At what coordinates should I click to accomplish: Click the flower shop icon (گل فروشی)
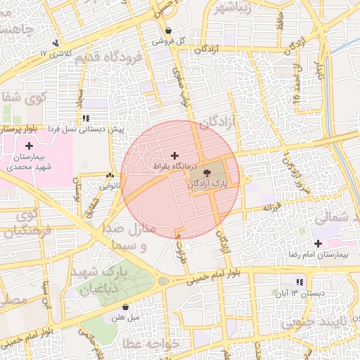click(169, 31)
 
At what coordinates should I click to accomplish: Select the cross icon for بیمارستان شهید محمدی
click(28, 145)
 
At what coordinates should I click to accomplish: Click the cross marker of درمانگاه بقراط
click(175, 155)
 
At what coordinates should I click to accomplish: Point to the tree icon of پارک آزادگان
click(207, 172)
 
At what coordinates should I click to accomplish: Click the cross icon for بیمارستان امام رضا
click(319, 243)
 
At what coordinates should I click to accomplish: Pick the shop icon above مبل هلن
click(125, 307)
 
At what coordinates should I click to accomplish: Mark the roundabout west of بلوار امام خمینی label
click(164, 281)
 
